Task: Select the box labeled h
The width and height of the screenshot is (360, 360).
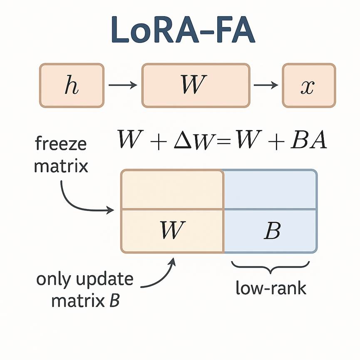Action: click(x=72, y=85)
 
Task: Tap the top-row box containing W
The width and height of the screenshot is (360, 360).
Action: click(x=196, y=85)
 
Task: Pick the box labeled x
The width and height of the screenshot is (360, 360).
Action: click(x=309, y=85)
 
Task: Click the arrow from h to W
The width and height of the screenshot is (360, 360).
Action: click(x=123, y=85)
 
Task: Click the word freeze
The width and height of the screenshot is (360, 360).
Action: click(x=61, y=144)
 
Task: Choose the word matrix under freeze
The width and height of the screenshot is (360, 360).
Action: click(x=61, y=166)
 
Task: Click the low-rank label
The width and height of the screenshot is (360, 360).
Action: click(x=271, y=288)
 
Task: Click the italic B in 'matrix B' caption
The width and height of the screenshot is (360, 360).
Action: click(x=114, y=300)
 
